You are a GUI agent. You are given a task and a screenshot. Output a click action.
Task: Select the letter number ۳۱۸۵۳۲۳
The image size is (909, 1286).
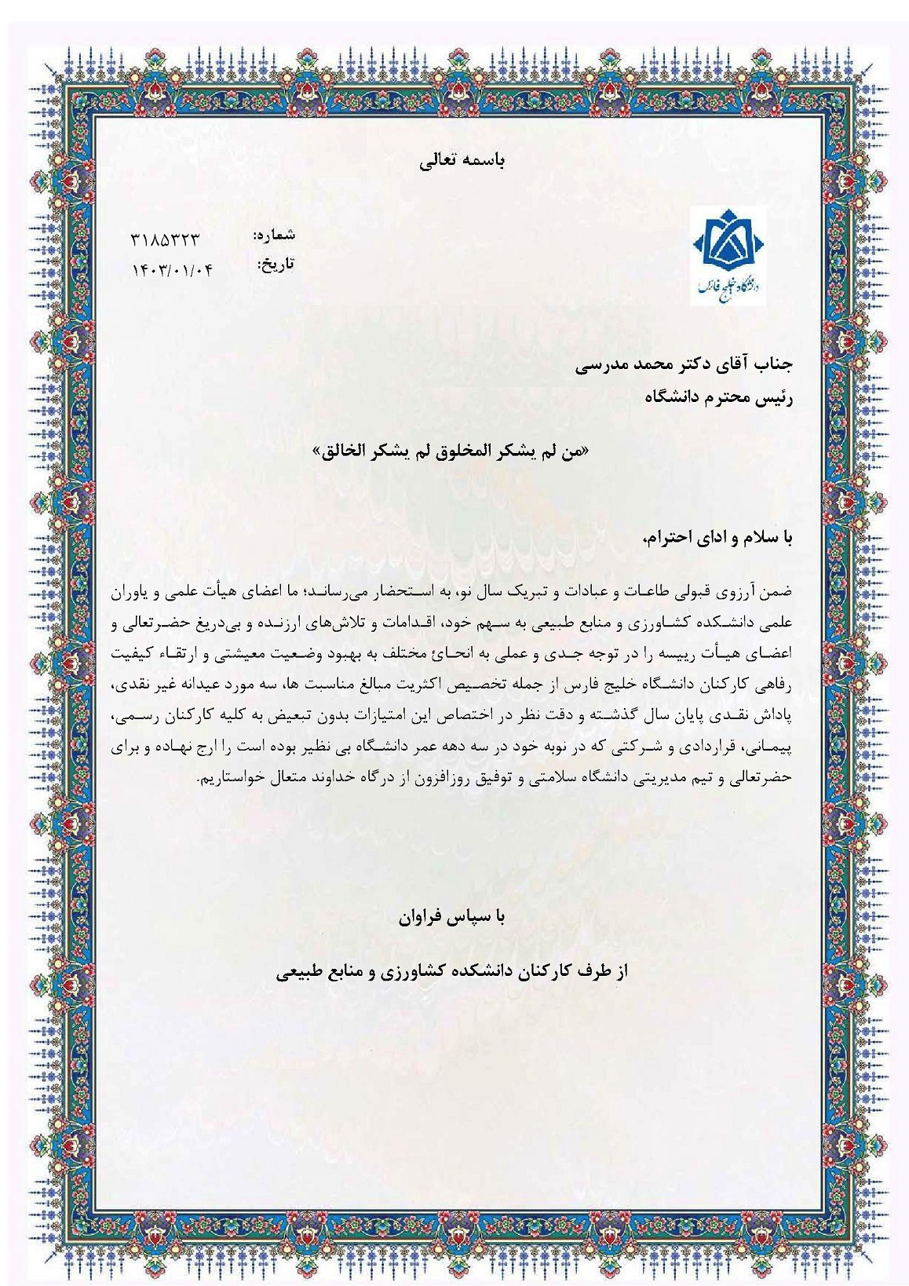pyautogui.click(x=166, y=240)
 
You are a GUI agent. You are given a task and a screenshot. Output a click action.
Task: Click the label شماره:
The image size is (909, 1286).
pyautogui.click(x=275, y=235)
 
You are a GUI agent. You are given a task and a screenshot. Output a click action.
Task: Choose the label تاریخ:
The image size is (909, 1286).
pyautogui.click(x=275, y=265)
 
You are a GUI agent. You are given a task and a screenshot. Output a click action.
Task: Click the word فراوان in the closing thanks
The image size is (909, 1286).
pyautogui.click(x=427, y=917)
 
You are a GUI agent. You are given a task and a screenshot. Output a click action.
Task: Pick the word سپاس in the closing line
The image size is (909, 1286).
pyautogui.click(x=474, y=917)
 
